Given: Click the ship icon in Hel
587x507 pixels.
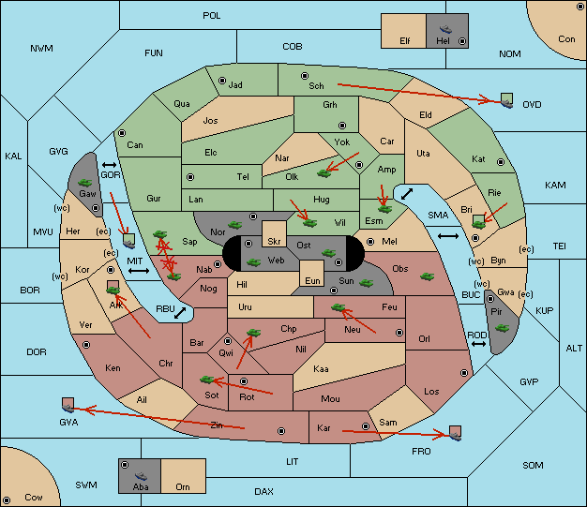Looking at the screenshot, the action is (x=445, y=29).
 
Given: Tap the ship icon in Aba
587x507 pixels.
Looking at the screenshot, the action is (x=142, y=476).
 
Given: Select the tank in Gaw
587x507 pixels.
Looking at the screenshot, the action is (x=85, y=183).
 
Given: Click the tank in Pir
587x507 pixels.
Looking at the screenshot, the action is (x=502, y=328).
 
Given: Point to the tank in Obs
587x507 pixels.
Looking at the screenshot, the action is (x=428, y=276).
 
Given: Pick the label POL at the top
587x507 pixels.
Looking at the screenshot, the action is (x=212, y=16).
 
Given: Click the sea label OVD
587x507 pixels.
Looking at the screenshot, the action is (x=532, y=105).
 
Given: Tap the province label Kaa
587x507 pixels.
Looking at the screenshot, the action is (x=321, y=369).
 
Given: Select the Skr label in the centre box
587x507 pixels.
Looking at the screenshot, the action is (x=274, y=242).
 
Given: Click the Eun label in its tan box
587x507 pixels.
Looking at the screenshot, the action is (x=312, y=280).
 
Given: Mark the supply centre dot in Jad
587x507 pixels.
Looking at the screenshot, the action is (x=222, y=81).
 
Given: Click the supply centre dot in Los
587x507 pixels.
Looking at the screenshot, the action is (x=464, y=373).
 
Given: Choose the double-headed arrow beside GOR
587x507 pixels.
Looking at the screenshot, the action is (x=110, y=165).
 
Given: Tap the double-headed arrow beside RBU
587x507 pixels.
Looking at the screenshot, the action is (x=180, y=313).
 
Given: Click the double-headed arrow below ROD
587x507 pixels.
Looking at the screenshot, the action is (x=478, y=344).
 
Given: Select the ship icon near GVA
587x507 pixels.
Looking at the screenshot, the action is (x=68, y=405).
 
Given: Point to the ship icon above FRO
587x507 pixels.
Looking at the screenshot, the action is (x=455, y=433).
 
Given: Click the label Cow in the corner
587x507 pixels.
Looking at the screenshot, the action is (x=34, y=498).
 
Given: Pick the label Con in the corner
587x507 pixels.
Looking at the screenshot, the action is (x=566, y=39).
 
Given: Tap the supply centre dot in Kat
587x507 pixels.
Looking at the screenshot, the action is (x=501, y=162).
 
